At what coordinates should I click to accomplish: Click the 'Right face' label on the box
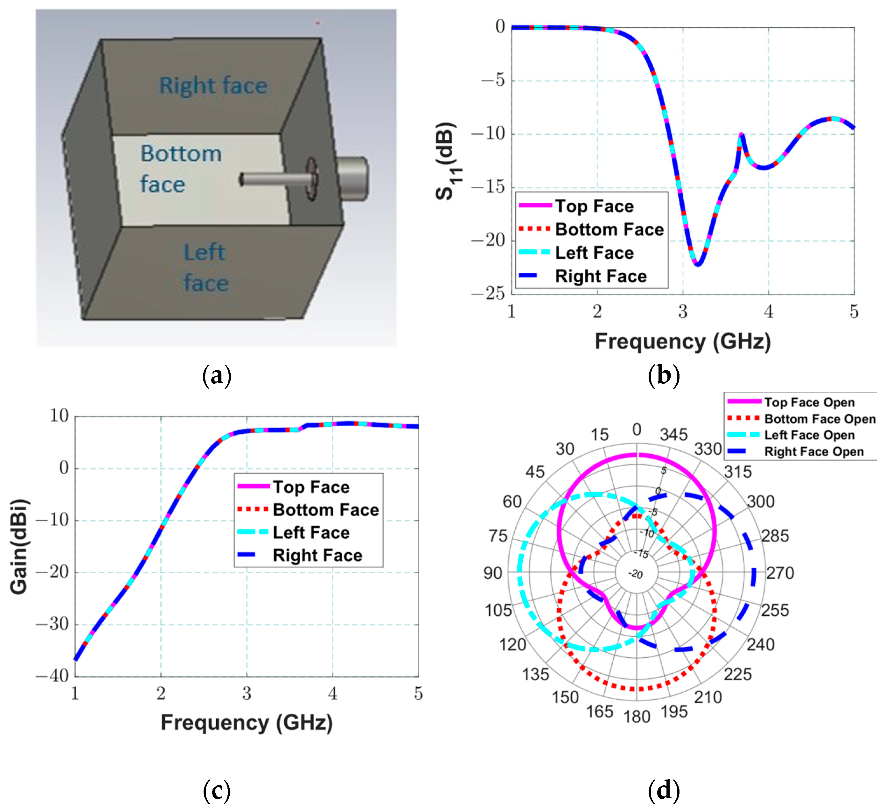[213, 85]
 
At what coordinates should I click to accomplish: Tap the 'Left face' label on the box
[206, 268]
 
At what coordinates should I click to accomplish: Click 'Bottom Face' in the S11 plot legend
[609, 229]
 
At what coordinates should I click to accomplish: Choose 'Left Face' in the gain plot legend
[311, 533]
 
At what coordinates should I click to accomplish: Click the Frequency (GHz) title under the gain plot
[247, 723]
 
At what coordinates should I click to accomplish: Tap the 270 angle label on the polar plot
[780, 573]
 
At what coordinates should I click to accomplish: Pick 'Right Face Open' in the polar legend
[814, 452]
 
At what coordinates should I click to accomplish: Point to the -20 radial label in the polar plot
[636, 574]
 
